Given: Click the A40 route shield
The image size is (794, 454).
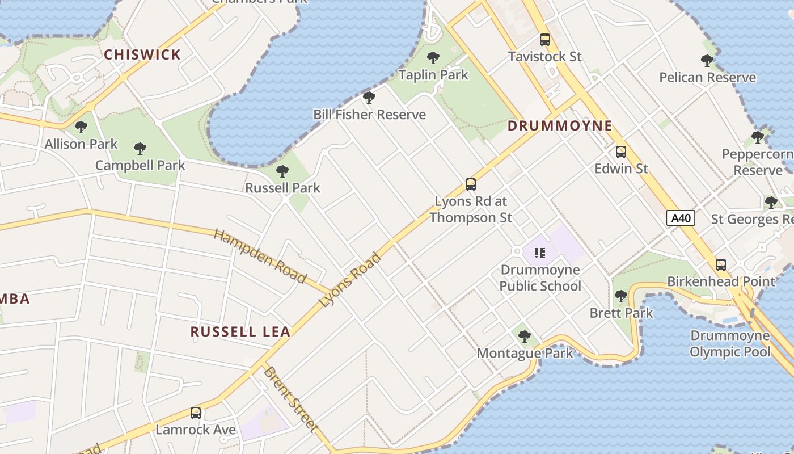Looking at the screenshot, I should (x=681, y=218).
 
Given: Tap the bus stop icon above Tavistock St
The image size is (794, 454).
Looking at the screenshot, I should (x=545, y=40).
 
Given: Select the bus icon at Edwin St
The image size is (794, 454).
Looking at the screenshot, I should (x=621, y=152).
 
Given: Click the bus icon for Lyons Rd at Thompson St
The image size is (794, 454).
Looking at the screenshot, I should (x=471, y=184).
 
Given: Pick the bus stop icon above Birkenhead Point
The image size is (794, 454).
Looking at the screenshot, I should (x=721, y=264).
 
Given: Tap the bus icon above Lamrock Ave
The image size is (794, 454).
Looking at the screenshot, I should (x=196, y=413).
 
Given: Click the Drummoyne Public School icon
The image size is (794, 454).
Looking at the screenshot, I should (x=539, y=253).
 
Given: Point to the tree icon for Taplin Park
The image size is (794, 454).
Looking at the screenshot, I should (x=433, y=58).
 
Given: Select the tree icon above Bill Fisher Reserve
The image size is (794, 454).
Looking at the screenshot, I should (x=369, y=98).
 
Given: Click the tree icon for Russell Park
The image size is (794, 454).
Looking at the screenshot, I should (x=282, y=171).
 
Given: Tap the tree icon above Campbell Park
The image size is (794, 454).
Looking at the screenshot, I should (x=140, y=149).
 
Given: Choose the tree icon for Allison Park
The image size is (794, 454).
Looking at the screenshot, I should (x=81, y=127).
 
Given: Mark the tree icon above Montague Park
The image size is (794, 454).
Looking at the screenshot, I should (x=525, y=337).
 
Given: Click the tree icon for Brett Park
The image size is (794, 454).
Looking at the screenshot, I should (x=621, y=296).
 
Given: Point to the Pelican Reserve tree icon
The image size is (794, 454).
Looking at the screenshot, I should (x=707, y=61).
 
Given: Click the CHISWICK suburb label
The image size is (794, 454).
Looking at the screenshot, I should (x=142, y=55).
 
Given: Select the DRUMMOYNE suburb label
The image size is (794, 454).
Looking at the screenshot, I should (x=560, y=126).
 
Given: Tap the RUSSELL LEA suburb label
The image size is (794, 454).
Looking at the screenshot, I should (x=240, y=332).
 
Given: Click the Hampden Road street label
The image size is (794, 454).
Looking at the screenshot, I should (x=260, y=256).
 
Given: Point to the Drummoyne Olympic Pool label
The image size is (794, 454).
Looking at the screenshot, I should (x=730, y=344).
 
